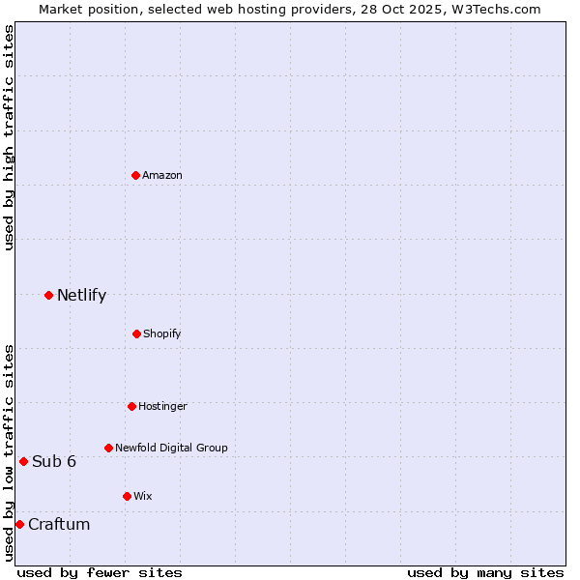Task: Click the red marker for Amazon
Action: pos(136,175)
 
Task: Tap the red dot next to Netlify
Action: pos(48,295)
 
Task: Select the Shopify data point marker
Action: pos(136,333)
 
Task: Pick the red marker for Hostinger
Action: pos(131,406)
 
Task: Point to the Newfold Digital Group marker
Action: pos(108,448)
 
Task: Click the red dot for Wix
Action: pos(127,496)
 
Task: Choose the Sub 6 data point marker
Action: pos(23,461)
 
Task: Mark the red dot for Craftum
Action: pos(19,524)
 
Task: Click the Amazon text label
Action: pos(162,175)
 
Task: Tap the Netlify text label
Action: pos(81,295)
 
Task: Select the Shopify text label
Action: pos(161,333)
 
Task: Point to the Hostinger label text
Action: pos(162,406)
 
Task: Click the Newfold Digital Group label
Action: pos(171,448)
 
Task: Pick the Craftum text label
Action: pos(59,524)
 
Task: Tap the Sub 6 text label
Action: pos(54,461)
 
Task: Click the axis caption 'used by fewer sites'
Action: pos(100,572)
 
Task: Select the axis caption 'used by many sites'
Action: pos(485,572)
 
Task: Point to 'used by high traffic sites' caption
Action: pos(9,137)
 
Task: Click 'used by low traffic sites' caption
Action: pos(9,451)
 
